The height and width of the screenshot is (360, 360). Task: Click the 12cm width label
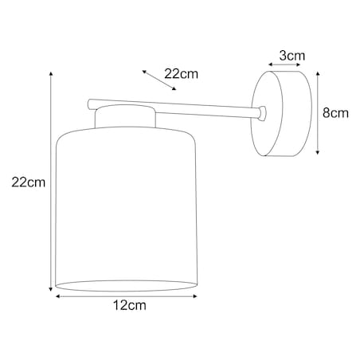coord(127,305)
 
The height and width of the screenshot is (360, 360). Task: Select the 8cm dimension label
coord(335,113)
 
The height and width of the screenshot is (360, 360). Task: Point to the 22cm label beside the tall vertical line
coord(27,182)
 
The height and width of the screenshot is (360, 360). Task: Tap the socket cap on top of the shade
coord(124,118)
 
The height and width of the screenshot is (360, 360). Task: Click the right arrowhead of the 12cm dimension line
coord(196,295)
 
